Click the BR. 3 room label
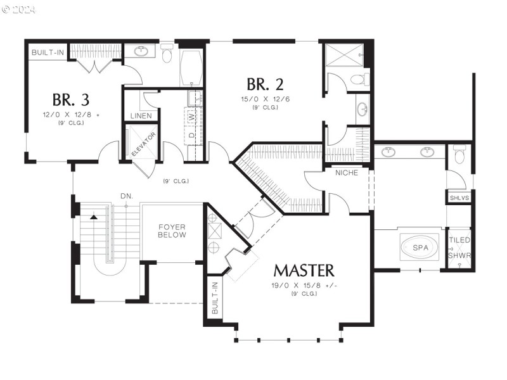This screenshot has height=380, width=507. click(70, 99)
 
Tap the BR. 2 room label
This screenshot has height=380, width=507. click(265, 84)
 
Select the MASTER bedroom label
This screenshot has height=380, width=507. click(304, 270)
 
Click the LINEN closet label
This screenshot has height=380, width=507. click(141, 116)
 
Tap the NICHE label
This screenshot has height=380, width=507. click(347, 172)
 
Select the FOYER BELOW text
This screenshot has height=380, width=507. click(172, 230)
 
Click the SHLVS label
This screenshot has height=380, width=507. click(459, 198)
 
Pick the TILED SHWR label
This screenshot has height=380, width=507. click(459, 248)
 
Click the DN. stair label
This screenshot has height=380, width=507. click(127, 196)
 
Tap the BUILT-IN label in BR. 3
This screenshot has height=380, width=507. click(48, 52)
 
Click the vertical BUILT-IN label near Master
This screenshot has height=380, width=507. click(215, 299)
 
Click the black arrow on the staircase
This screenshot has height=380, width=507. click(94, 217)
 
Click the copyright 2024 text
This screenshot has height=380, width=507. click(20, 9)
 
